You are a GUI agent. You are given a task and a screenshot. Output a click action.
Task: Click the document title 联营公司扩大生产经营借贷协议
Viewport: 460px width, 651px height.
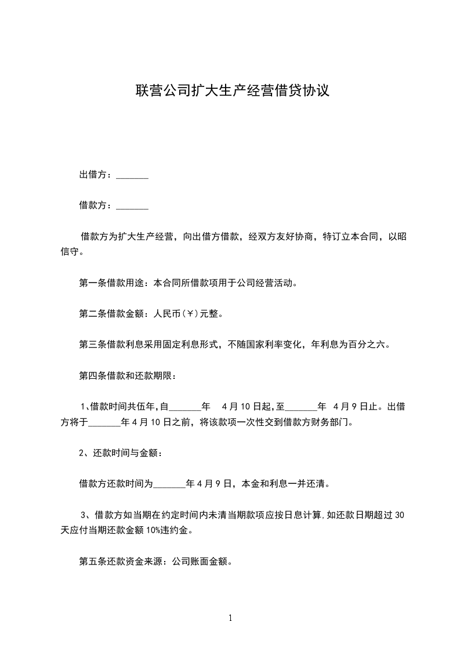coord(232,91)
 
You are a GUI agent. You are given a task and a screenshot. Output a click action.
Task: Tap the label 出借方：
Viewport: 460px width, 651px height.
coord(97,175)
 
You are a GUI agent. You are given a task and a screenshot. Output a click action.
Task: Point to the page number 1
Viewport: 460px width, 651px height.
coord(230,618)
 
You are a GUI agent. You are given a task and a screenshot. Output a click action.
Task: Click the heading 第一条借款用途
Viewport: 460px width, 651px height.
coord(113,284)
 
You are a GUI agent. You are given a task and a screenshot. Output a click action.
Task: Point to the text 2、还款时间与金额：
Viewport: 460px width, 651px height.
coord(120,453)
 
